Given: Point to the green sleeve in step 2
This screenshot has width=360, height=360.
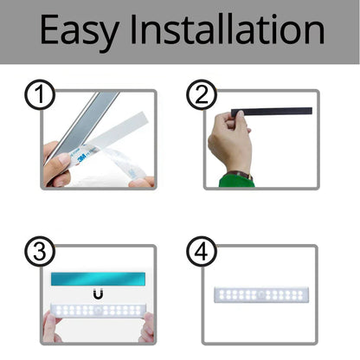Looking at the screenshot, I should coord(235,179).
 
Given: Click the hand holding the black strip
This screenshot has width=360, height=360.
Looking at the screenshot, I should coord(230,143).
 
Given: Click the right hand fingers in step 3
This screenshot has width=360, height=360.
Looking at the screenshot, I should coord(146,326).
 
